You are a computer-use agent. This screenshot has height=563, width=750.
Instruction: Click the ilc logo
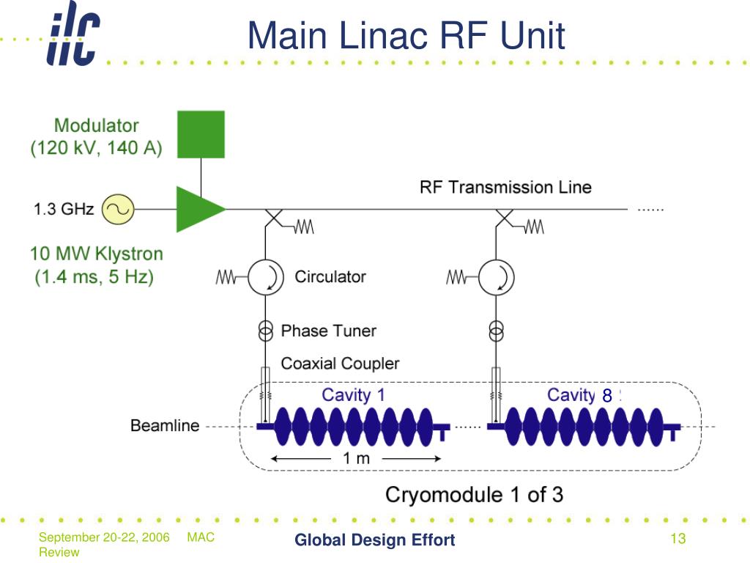point(73,34)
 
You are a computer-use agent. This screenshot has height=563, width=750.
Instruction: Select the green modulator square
point(201,135)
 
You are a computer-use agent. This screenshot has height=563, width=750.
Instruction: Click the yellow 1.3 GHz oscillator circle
point(118,209)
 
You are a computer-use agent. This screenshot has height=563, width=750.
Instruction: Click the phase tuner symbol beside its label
point(265,331)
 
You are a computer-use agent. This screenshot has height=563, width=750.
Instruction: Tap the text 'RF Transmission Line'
point(505,187)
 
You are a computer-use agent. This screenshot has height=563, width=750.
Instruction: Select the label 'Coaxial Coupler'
point(340,364)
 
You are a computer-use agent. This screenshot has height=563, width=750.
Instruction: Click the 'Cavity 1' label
point(354,395)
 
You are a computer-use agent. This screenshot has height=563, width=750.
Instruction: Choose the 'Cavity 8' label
point(580,395)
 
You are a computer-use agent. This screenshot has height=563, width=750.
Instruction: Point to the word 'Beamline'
point(165,426)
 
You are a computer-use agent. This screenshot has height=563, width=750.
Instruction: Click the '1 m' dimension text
point(357,459)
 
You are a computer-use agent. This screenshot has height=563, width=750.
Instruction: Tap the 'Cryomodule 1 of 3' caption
point(475,495)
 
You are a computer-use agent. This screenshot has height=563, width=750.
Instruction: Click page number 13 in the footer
point(678,539)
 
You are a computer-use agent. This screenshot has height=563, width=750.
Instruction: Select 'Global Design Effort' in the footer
point(375,540)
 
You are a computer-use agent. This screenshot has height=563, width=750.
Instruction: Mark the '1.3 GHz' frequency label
point(64,209)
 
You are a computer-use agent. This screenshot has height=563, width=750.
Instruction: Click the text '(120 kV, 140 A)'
point(96,148)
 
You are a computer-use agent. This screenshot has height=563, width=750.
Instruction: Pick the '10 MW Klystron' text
point(97,254)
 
